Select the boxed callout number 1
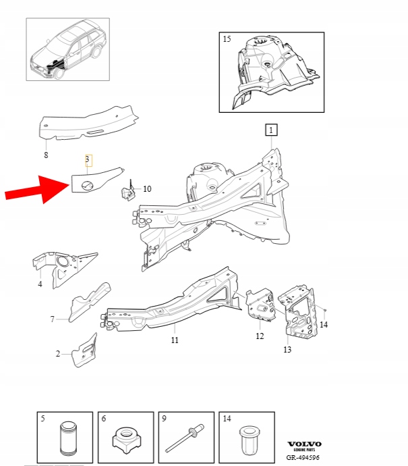click(271, 130)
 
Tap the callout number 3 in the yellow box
click(88, 159)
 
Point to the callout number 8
click(46, 155)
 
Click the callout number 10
click(147, 188)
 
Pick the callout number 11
click(175, 340)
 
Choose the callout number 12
click(260, 336)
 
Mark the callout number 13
click(287, 349)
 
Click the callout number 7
click(53, 319)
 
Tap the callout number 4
click(40, 284)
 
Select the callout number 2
click(58, 354)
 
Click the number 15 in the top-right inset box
click(227, 38)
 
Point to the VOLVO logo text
click(304, 444)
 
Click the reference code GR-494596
click(303, 457)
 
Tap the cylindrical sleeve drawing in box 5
click(69, 439)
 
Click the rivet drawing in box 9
click(185, 438)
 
